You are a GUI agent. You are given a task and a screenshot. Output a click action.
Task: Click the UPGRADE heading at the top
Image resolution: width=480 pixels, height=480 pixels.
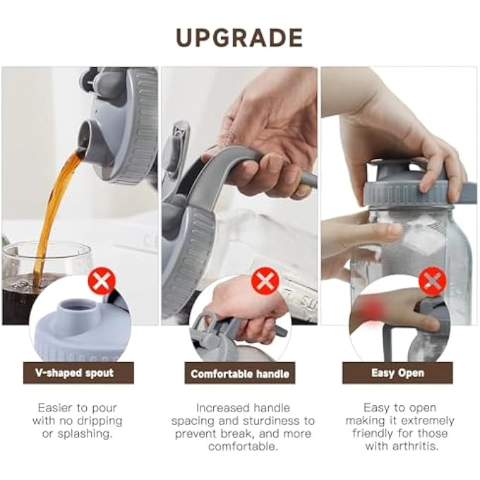(x=239, y=37)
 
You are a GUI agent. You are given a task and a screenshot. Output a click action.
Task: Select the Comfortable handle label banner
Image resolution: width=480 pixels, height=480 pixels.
(x=241, y=373)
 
